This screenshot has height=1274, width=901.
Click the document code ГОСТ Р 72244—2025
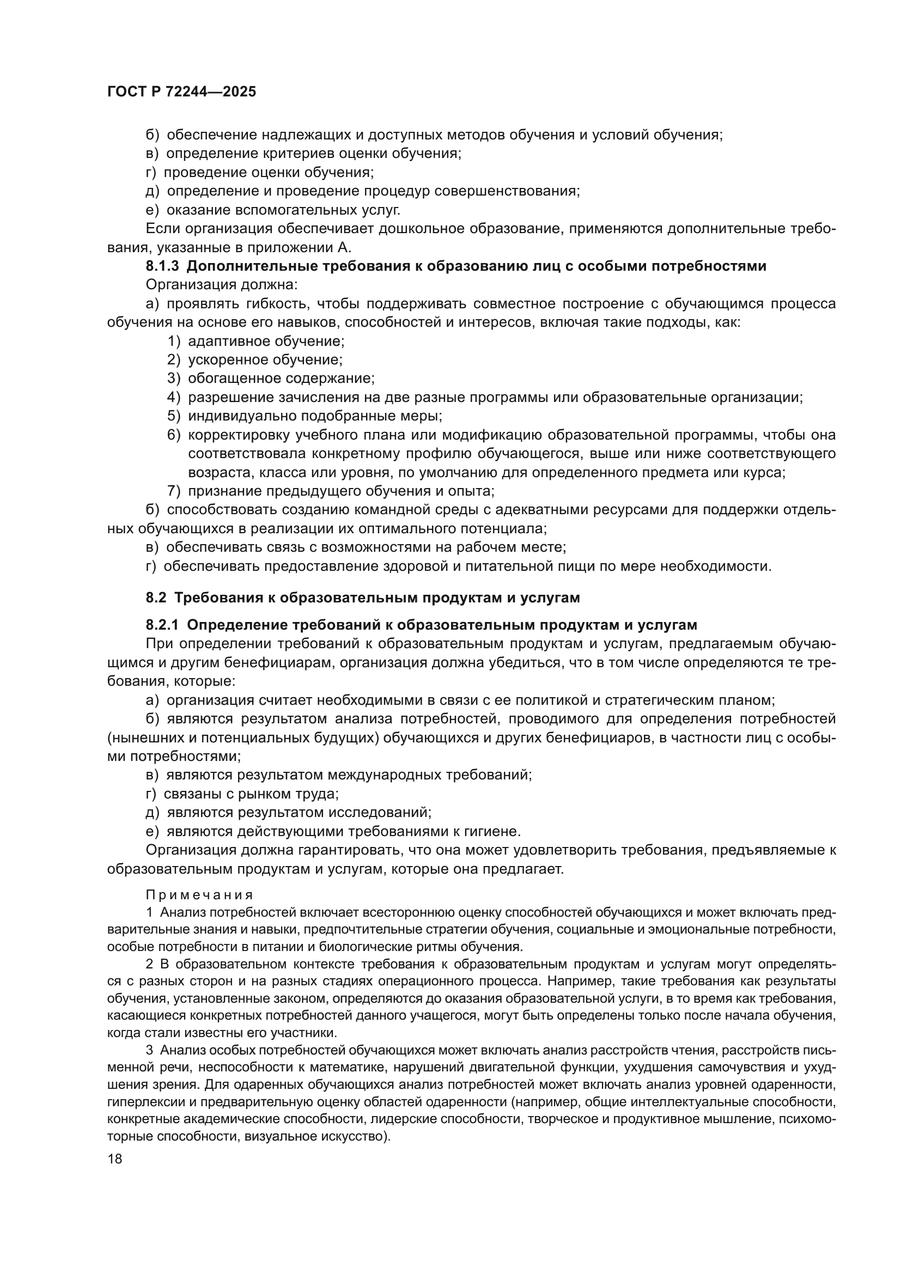coord(181,92)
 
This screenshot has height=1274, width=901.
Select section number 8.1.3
coord(162,266)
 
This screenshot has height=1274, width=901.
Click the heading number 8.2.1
coord(162,625)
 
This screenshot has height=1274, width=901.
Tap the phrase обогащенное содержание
coord(281,379)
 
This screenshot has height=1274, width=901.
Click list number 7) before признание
coord(174,491)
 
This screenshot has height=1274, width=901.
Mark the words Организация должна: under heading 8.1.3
coord(222,285)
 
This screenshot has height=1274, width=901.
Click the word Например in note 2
coord(575,981)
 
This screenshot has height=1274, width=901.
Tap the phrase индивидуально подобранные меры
coord(314,416)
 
